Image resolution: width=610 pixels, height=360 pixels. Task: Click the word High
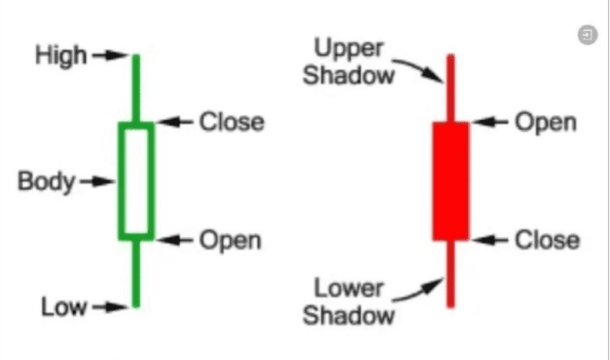click(61, 56)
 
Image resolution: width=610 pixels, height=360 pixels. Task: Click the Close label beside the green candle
click(232, 123)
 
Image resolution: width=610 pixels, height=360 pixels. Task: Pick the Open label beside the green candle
click(230, 240)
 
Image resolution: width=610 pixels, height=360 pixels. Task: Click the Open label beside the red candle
click(546, 123)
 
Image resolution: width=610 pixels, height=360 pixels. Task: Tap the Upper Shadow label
click(349, 62)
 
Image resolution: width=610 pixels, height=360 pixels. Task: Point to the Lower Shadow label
click(349, 302)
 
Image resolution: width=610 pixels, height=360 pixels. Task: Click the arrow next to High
click(110, 56)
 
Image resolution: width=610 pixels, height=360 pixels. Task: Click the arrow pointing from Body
click(95, 181)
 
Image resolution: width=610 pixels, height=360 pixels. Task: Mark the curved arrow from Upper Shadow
click(420, 67)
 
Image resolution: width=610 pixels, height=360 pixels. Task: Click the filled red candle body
click(451, 181)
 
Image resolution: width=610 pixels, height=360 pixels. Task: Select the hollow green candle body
click(136, 181)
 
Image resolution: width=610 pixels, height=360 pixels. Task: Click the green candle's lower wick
click(136, 274)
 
